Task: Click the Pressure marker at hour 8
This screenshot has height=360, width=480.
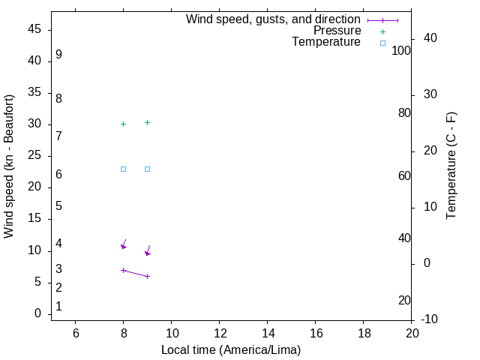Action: pyautogui.click(x=124, y=124)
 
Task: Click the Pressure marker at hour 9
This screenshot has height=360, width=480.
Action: pyautogui.click(x=148, y=122)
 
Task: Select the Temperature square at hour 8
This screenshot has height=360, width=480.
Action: pyautogui.click(x=124, y=169)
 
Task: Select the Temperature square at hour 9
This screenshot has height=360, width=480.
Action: pyautogui.click(x=148, y=169)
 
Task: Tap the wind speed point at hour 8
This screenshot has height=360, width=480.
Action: pyautogui.click(x=124, y=270)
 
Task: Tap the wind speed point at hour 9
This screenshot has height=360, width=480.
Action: pyautogui.click(x=148, y=276)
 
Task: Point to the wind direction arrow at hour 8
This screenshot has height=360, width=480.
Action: pyautogui.click(x=124, y=244)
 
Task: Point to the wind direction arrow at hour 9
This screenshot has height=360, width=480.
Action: pyautogui.click(x=148, y=250)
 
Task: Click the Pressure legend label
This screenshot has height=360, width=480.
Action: pyautogui.click(x=337, y=31)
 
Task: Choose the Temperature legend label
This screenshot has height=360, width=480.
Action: pyautogui.click(x=326, y=42)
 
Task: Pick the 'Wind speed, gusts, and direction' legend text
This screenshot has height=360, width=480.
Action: pyautogui.click(x=273, y=19)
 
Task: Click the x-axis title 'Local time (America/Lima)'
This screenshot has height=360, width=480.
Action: pyautogui.click(x=231, y=349)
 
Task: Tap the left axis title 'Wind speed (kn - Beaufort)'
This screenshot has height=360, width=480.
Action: pyautogui.click(x=9, y=166)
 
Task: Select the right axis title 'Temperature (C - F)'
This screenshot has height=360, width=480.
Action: pyautogui.click(x=451, y=166)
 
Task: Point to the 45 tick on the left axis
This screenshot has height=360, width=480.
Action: pyautogui.click(x=34, y=30)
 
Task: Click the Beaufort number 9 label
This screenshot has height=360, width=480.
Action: pyautogui.click(x=58, y=55)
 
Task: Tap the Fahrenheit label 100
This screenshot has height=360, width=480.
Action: pyautogui.click(x=401, y=50)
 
